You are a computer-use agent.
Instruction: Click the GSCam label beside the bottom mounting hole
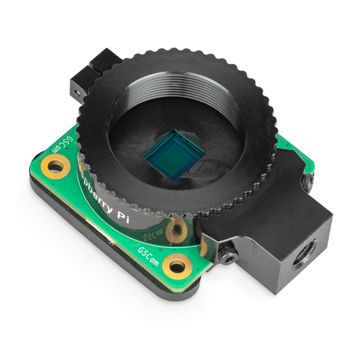pyautogui.click(x=149, y=256)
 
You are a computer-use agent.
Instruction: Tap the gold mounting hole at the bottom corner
pyautogui.click(x=177, y=263)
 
